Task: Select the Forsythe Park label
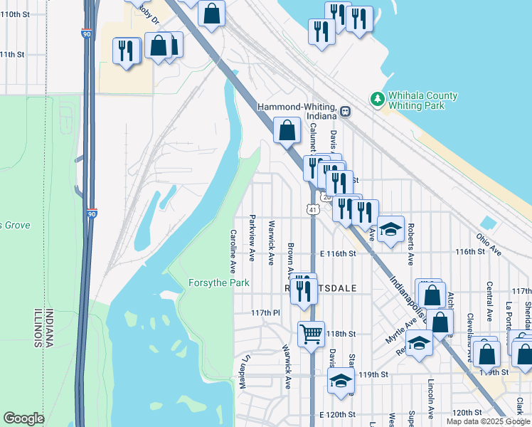coord(218,283)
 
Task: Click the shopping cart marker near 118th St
coord(311,332)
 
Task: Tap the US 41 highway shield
coord(312,209)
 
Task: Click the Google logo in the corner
coord(23,418)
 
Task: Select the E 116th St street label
coord(337,253)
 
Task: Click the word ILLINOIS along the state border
coord(33,328)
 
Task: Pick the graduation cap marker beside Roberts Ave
coord(390,230)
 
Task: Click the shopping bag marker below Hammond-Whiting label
coord(287,131)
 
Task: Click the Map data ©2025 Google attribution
coord(488,421)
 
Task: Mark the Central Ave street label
coord(489,301)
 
